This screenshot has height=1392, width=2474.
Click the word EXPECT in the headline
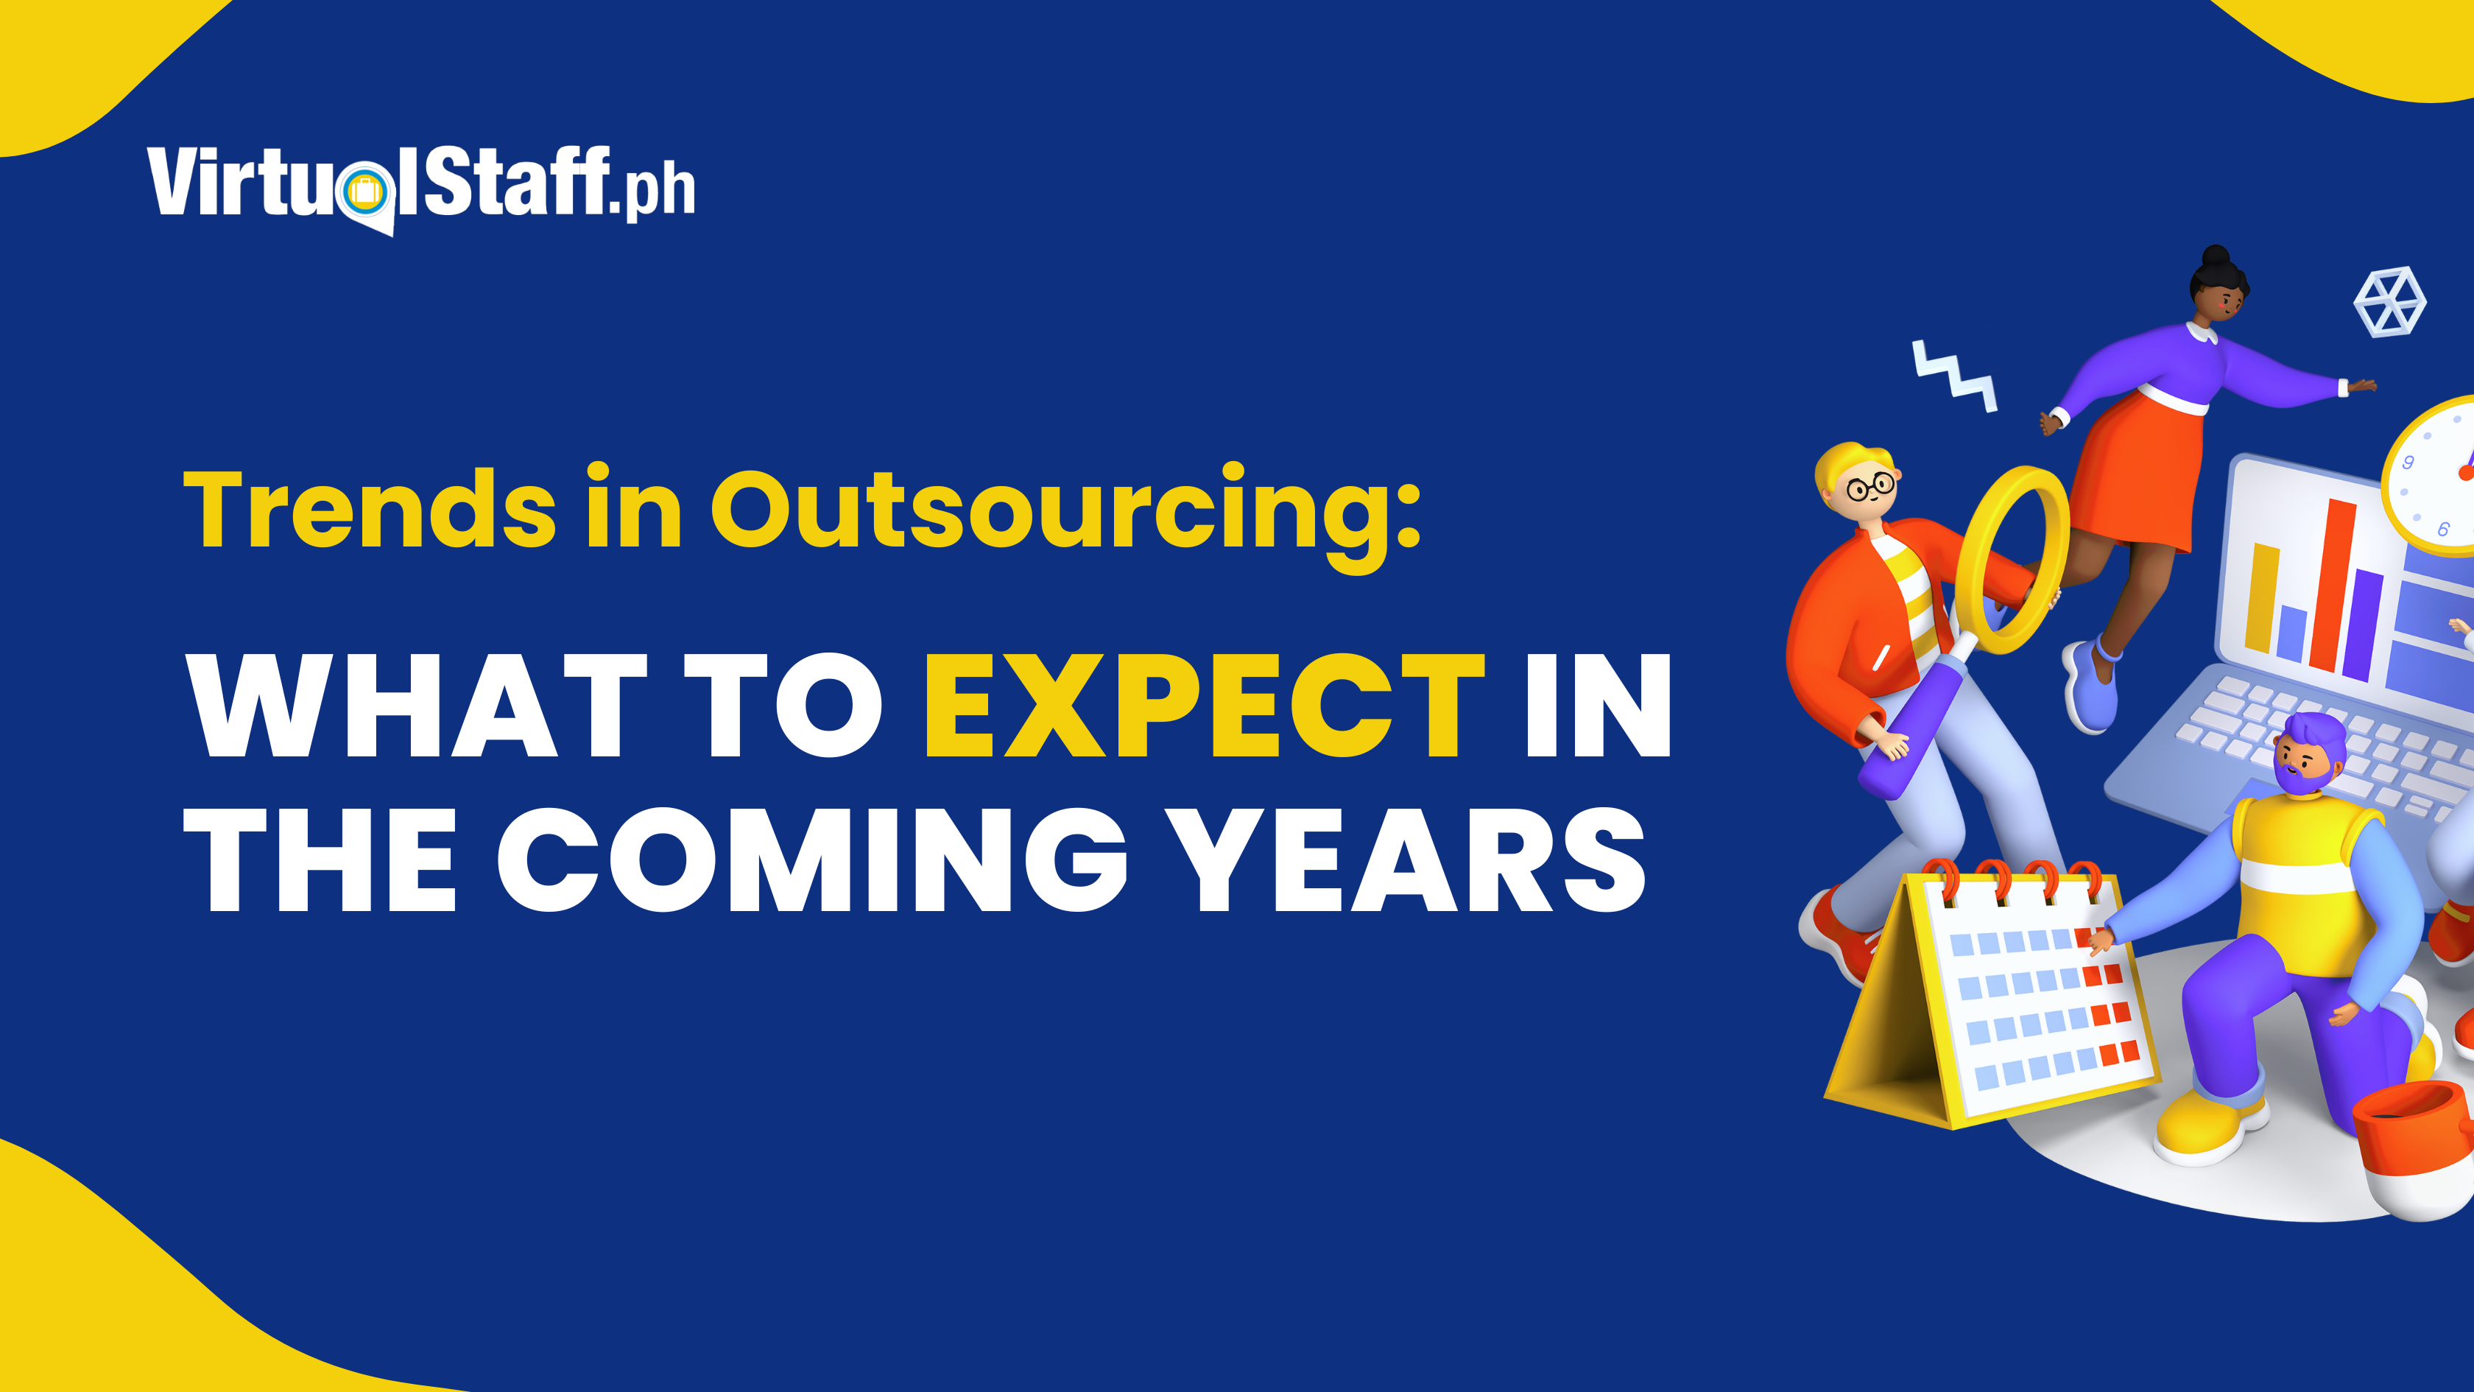1205,705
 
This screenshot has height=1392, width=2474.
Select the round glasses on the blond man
1870,486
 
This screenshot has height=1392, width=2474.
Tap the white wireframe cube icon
2389,302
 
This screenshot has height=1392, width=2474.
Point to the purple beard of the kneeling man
2302,779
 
